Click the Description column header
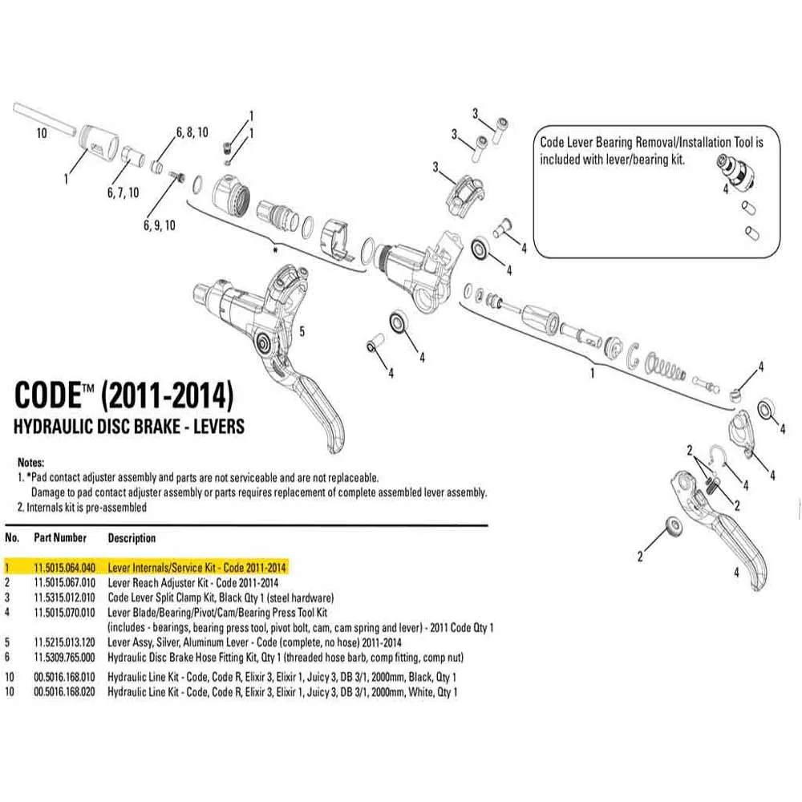tap(132, 537)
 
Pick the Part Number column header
tap(60, 537)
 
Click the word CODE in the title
tap(47, 396)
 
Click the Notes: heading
tap(30, 464)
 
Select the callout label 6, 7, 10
tap(123, 192)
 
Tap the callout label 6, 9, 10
tap(159, 226)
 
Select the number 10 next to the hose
tap(43, 134)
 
